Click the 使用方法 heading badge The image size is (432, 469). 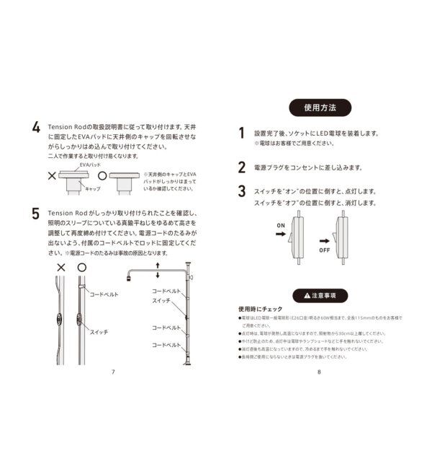320,108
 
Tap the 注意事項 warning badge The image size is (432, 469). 320,295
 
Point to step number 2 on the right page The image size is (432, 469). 242,167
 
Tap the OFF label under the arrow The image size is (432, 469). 325,250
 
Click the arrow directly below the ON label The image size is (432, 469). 282,236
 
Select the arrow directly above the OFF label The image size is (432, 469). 325,240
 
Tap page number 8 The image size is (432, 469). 318,372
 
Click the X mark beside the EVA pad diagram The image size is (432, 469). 52,175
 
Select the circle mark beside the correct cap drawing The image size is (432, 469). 102,175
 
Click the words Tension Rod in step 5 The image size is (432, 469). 68,214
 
